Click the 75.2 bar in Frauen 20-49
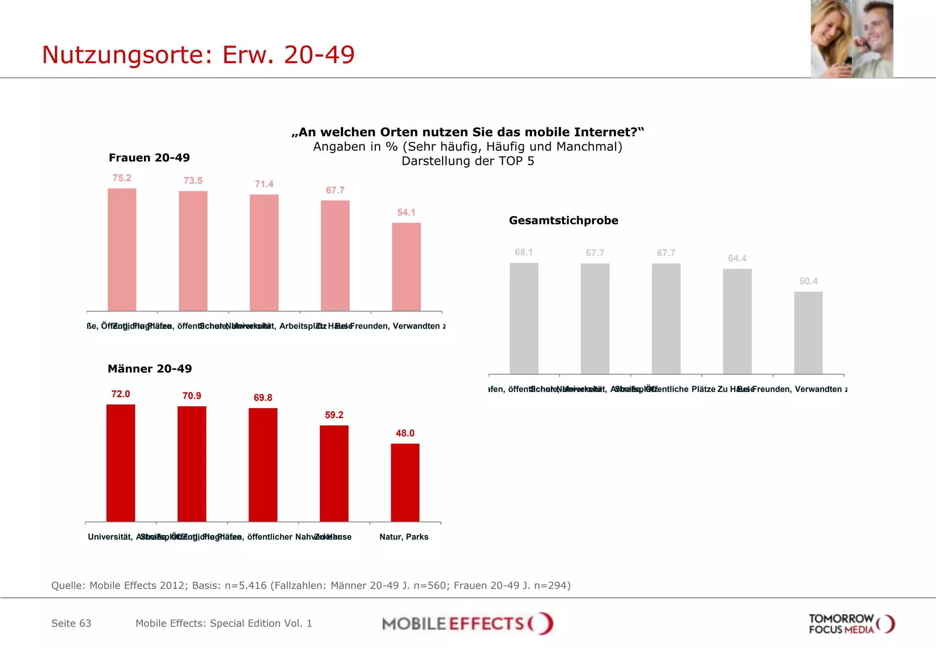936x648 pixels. coord(122,250)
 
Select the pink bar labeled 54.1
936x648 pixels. coord(406,267)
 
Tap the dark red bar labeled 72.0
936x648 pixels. coord(121,462)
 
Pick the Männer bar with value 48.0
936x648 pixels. coord(405,482)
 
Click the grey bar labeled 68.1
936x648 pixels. coord(524,318)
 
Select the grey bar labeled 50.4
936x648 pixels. coord(808,333)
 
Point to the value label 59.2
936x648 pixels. coord(334,415)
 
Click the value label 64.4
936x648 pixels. coord(737,259)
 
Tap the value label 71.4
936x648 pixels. coord(264,184)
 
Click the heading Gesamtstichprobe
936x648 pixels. coord(563,221)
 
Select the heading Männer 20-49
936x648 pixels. coord(149,369)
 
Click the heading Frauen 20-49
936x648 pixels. coord(149,158)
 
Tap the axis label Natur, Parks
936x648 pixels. coord(404,537)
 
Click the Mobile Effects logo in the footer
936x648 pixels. coord(467,624)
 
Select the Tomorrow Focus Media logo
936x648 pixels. coord(851,624)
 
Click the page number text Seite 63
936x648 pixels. coord(71,623)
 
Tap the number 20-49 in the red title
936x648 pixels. coord(319,55)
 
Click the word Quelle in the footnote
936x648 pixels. coord(68,585)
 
